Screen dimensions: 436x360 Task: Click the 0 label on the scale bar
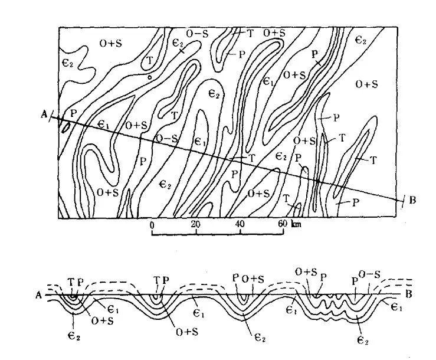(x=152, y=225)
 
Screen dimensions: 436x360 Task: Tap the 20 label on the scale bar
(x=196, y=225)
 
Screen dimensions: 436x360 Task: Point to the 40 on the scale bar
(x=240, y=225)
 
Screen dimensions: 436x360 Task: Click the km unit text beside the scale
(x=296, y=225)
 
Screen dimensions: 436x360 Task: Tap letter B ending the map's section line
(x=412, y=200)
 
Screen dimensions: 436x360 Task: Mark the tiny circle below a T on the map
(x=150, y=76)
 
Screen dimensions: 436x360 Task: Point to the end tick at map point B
(x=402, y=200)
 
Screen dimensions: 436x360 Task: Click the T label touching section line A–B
(x=251, y=158)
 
